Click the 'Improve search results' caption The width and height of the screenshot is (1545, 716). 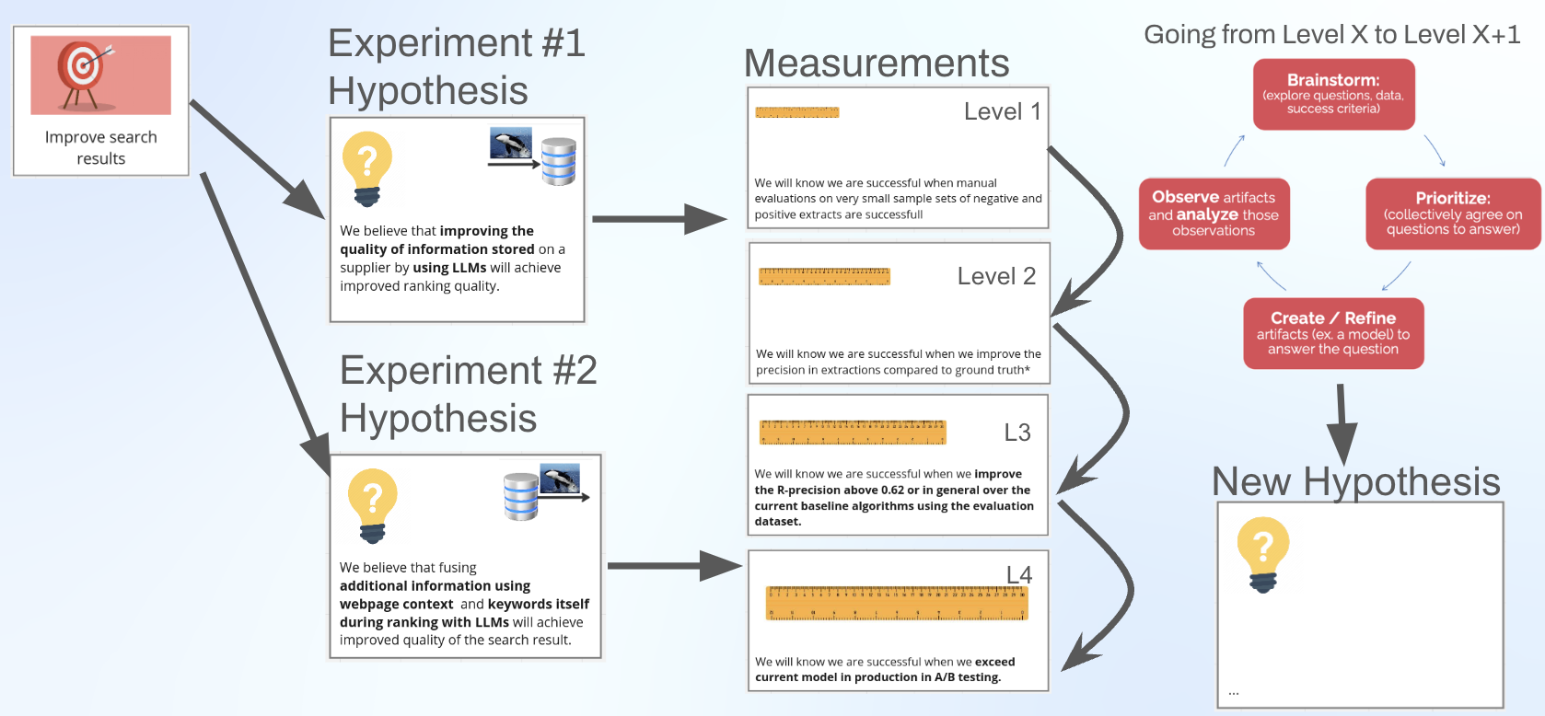coord(101,147)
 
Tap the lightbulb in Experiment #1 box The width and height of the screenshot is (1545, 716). coord(367,167)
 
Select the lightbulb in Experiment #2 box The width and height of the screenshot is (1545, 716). coord(372,505)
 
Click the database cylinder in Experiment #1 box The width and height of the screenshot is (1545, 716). coord(559,161)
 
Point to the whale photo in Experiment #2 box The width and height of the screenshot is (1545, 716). coord(560,479)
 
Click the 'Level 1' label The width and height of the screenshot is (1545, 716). coord(1002,111)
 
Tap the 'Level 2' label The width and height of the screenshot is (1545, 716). coord(996,276)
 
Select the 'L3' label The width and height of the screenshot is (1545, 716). coord(1017,433)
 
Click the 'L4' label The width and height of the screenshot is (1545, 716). coord(1019,575)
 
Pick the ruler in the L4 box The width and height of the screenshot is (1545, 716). coord(897,604)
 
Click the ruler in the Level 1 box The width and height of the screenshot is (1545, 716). coord(797,112)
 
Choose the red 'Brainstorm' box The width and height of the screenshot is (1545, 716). coord(1333,94)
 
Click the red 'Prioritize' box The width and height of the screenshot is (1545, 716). coord(1453,214)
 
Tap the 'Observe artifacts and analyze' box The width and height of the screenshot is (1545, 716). coord(1214,214)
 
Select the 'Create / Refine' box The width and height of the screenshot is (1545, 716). coord(1333,333)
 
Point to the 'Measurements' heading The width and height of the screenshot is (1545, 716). coord(877,64)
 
